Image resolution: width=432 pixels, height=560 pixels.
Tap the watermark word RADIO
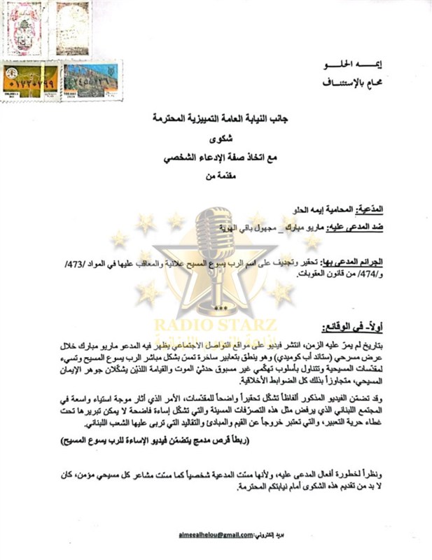(x=183, y=325)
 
